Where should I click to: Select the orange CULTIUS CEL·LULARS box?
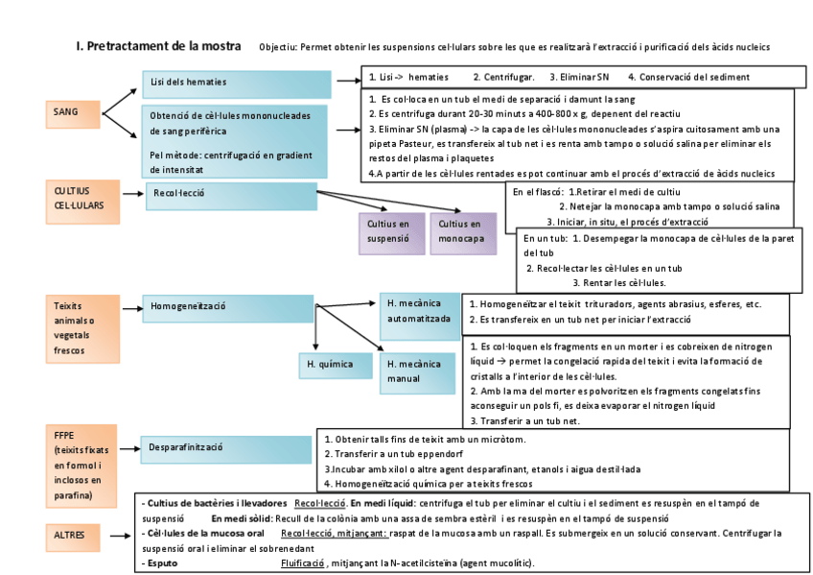click(81, 202)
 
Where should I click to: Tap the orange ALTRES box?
click(80, 536)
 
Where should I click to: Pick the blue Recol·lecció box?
click(230, 196)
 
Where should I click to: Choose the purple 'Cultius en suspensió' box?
click(390, 233)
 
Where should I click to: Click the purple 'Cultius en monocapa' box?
click(463, 233)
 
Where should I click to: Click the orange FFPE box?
click(81, 466)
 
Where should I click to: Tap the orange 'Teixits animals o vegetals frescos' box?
click(81, 328)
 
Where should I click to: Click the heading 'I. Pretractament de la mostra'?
click(158, 46)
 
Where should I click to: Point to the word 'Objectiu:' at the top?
click(278, 47)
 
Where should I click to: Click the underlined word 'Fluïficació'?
click(303, 563)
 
